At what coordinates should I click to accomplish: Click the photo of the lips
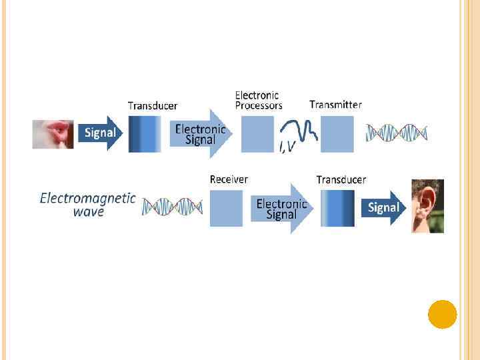[53, 133]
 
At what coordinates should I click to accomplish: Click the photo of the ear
[427, 206]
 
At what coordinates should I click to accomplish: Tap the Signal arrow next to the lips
[99, 133]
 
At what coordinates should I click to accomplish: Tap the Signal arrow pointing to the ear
[383, 207]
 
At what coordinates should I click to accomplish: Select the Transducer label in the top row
[153, 106]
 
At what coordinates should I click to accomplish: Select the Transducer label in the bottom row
[341, 180]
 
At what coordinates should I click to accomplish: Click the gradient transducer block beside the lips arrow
[145, 134]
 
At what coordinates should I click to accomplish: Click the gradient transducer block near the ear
[337, 208]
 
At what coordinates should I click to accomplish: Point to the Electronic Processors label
[259, 100]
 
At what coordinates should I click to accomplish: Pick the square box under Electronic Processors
[257, 134]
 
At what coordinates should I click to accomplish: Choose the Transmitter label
[335, 105]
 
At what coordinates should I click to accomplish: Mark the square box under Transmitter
[337, 134]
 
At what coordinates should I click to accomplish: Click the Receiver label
[229, 179]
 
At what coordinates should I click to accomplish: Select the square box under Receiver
[226, 208]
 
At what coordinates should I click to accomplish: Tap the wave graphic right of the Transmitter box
[396, 133]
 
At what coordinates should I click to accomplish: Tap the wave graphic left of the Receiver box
[172, 207]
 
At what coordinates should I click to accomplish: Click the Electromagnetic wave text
[88, 204]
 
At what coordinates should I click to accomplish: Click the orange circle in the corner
[442, 314]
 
